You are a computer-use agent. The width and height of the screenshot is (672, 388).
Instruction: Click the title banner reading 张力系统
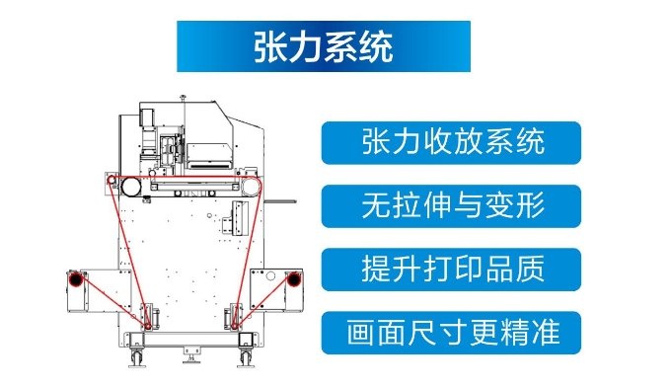[324, 46]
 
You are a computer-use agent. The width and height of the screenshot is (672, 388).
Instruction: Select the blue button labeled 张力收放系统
[451, 143]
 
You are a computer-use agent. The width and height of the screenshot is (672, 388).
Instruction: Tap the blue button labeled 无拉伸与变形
[451, 206]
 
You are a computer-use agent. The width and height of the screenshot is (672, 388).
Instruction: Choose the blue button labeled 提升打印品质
[451, 270]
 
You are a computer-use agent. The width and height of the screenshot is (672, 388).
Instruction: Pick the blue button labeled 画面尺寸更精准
[451, 333]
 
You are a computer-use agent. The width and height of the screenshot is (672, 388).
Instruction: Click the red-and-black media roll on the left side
[76, 279]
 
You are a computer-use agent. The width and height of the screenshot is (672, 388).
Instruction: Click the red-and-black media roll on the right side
[294, 279]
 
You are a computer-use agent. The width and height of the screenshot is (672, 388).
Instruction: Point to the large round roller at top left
[131, 187]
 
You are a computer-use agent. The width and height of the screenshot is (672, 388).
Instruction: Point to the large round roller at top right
[252, 187]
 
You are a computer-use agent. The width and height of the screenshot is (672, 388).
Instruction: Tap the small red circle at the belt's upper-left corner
[112, 180]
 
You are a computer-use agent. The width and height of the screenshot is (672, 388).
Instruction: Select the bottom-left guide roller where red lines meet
[148, 327]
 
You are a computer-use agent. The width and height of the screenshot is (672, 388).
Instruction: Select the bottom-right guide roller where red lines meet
[235, 327]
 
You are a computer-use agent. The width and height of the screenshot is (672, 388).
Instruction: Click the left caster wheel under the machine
[136, 358]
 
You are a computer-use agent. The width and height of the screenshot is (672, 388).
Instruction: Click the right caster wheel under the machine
[246, 358]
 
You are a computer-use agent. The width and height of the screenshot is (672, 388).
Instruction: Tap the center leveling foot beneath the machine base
[191, 356]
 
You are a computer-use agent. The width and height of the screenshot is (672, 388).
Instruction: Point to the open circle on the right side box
[270, 275]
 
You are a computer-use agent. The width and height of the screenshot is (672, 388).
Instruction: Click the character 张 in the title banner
[270, 46]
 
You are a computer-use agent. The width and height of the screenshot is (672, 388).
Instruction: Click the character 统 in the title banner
[376, 46]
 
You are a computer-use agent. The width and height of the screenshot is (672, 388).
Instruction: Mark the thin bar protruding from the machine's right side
[280, 200]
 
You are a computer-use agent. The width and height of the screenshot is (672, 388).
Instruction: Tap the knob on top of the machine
[183, 97]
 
